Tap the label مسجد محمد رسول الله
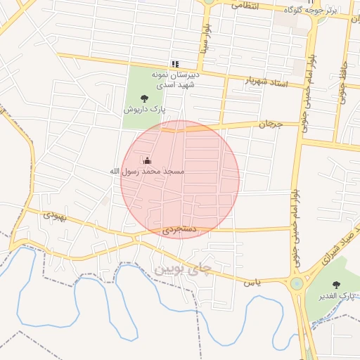pyautogui.click(x=147, y=171)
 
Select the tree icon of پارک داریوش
pyautogui.click(x=145, y=99)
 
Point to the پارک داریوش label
pyautogui.click(x=145, y=110)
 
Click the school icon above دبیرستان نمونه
pyautogui.click(x=175, y=64)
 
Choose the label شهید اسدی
pyautogui.click(x=174, y=84)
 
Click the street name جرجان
pyautogui.click(x=269, y=124)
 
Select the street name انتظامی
pyautogui.click(x=244, y=5)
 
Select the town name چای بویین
pyautogui.click(x=181, y=269)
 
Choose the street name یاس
pyautogui.click(x=252, y=283)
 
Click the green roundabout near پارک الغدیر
pyautogui.click(x=297, y=284)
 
